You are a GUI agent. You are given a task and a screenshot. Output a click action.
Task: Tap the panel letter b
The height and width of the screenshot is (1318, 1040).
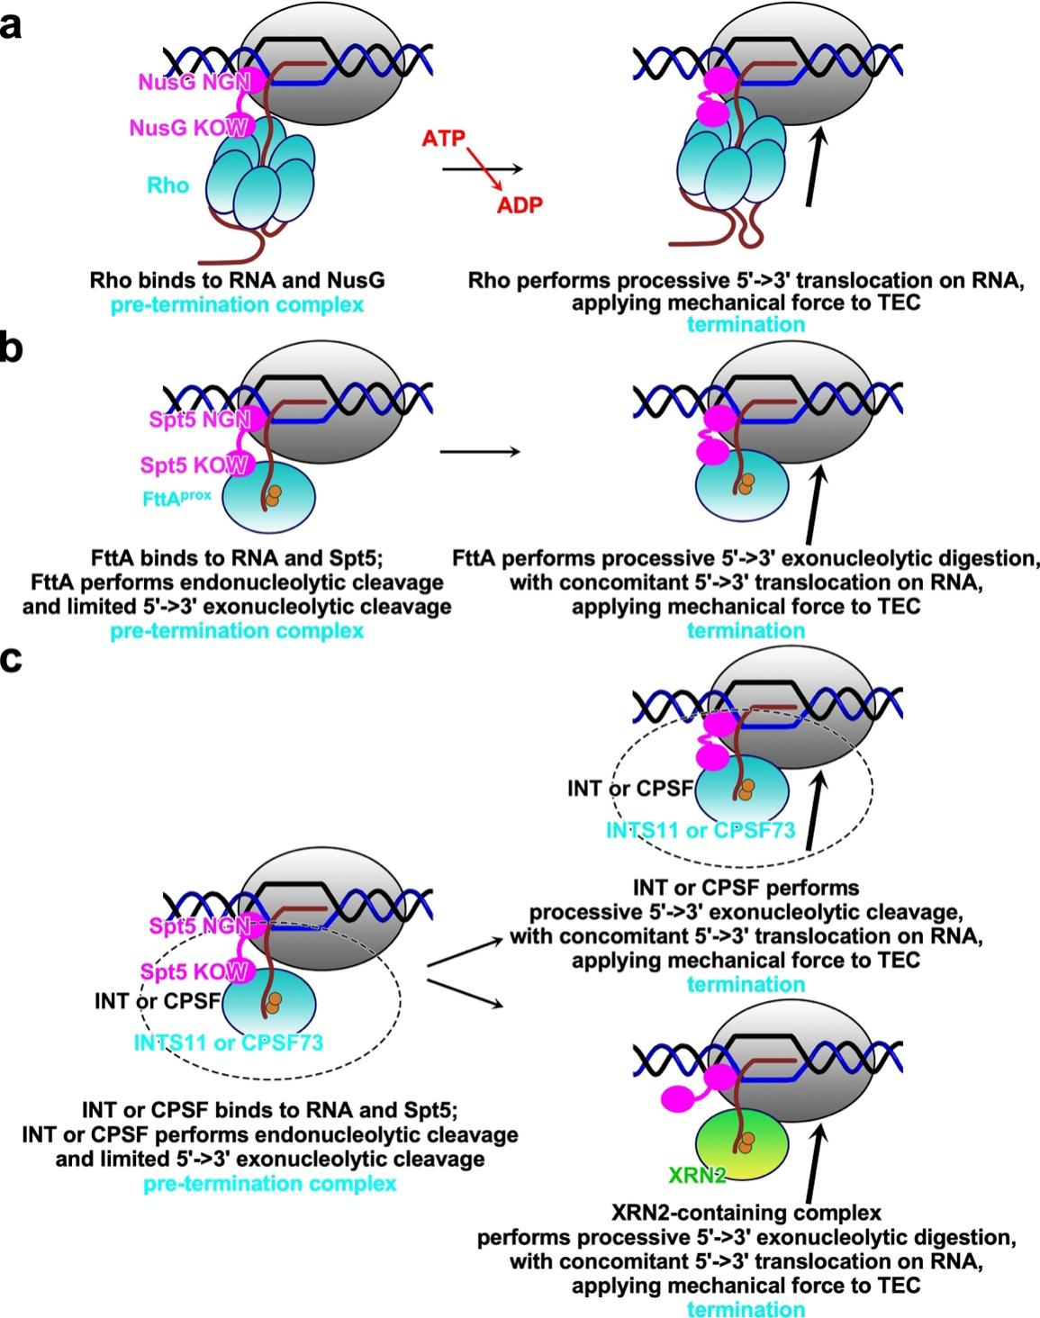click(12, 348)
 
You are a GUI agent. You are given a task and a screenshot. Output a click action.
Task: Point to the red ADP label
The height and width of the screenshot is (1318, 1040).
click(520, 205)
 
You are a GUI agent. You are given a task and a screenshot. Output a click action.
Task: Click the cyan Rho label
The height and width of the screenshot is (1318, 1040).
click(169, 185)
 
